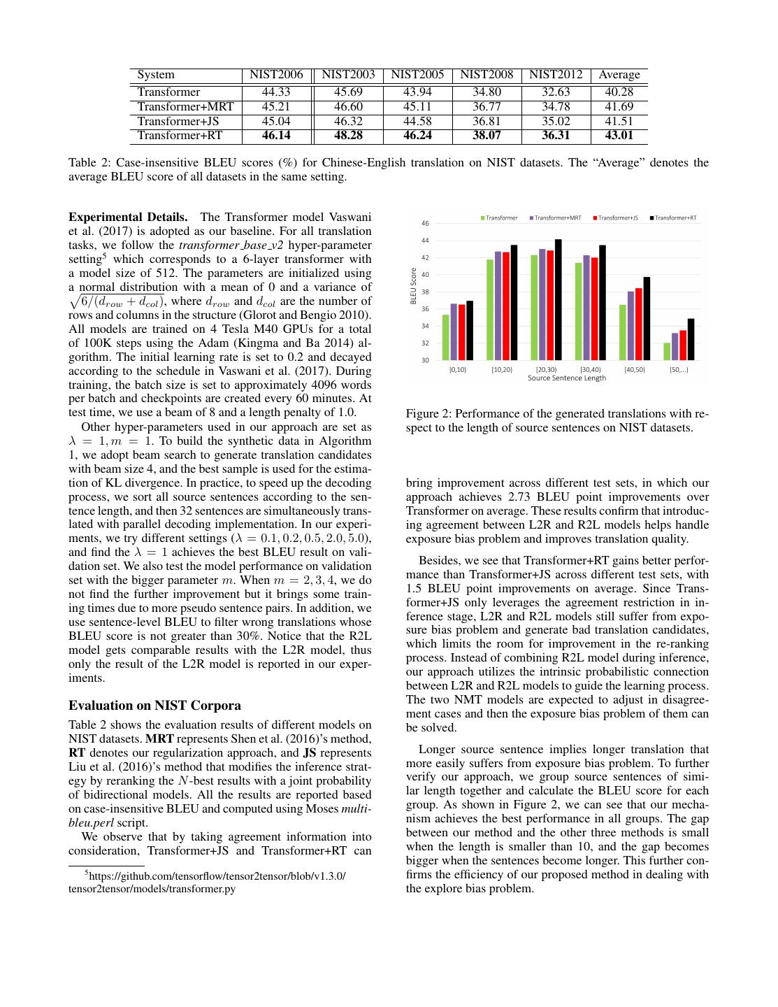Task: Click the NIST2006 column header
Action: (x=276, y=75)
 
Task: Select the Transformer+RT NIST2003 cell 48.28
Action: (x=348, y=136)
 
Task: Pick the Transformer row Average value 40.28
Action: (x=619, y=92)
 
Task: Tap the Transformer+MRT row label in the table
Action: (x=185, y=107)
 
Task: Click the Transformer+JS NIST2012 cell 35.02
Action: (x=556, y=122)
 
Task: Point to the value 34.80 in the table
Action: (x=487, y=92)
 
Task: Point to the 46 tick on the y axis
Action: (x=424, y=224)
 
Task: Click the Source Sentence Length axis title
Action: (x=566, y=378)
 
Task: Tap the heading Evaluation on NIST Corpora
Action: (x=154, y=705)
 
